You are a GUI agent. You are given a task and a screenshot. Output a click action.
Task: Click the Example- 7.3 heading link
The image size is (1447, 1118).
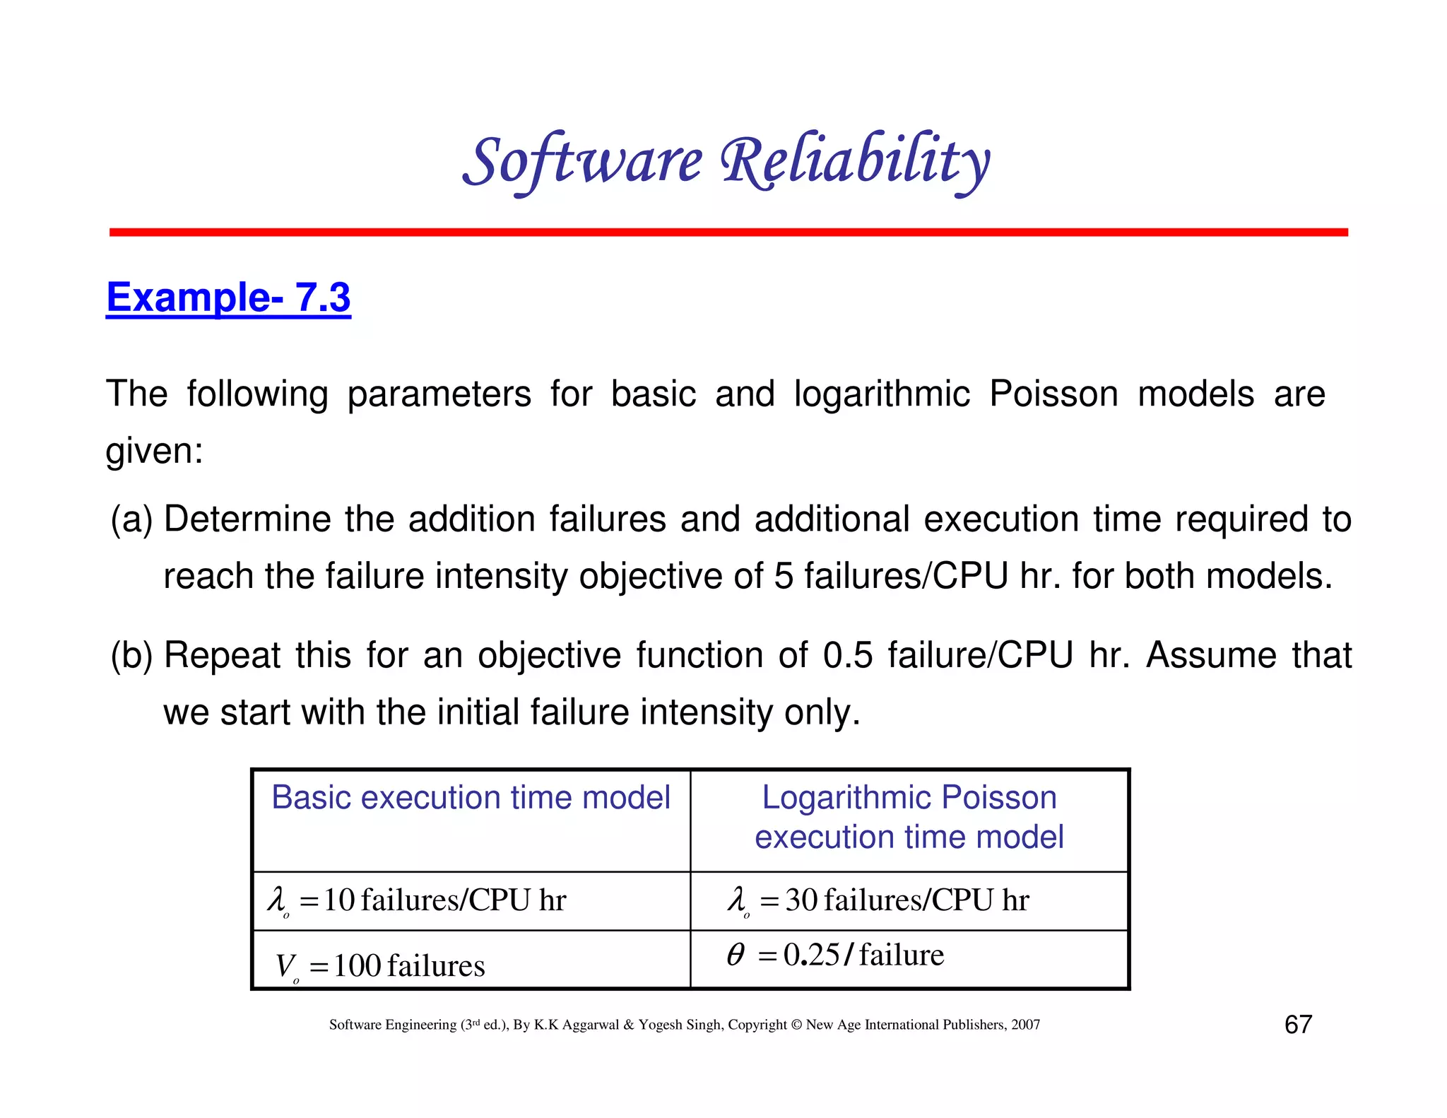click(228, 298)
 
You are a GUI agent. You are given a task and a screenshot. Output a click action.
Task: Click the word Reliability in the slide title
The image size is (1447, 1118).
click(855, 161)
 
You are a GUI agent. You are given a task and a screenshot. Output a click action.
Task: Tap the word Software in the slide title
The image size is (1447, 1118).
click(583, 161)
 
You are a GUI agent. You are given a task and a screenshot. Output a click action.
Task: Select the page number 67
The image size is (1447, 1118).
click(1298, 1024)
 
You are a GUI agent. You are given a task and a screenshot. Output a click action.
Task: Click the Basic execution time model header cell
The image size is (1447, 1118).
click(471, 798)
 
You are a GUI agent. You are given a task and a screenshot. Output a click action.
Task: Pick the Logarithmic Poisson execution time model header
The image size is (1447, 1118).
click(909, 817)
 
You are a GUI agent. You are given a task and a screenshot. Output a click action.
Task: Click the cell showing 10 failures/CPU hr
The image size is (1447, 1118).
click(417, 900)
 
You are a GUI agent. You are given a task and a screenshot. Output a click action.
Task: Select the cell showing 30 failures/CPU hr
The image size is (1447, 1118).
click(878, 900)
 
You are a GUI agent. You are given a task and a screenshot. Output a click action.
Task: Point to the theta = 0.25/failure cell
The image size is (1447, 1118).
click(836, 955)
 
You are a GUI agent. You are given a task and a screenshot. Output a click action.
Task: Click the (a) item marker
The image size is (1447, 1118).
click(131, 519)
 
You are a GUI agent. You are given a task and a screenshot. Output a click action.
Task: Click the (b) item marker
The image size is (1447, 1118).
click(131, 655)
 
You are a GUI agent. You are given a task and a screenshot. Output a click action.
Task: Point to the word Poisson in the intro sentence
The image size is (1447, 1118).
click(1053, 394)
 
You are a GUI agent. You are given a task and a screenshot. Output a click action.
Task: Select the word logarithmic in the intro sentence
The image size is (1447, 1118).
click(882, 394)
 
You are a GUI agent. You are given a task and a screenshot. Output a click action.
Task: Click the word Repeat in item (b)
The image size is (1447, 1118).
click(222, 655)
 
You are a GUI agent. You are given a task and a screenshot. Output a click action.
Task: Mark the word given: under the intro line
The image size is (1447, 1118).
click(154, 451)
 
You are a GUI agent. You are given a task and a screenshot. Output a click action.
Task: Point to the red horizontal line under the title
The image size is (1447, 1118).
click(728, 233)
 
